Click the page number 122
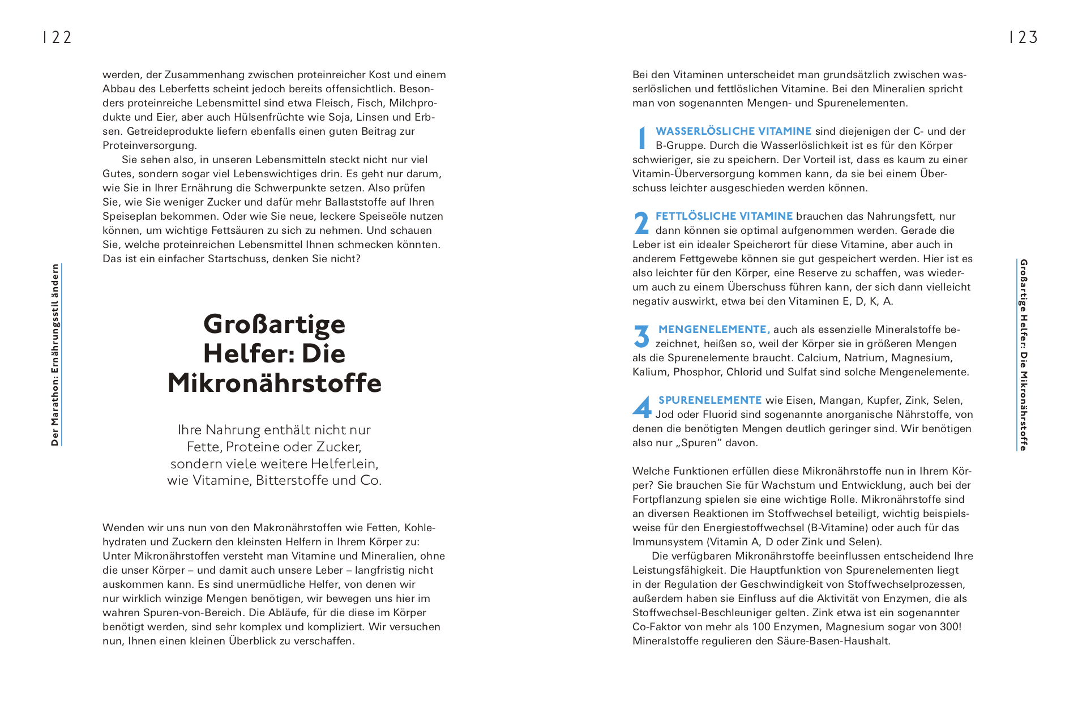(58, 37)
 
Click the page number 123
(1023, 37)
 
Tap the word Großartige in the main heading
(274, 324)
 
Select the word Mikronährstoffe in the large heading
(274, 383)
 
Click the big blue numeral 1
(641, 138)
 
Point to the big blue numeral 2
(641, 223)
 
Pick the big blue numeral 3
(641, 336)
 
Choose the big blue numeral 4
(642, 407)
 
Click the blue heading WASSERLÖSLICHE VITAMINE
(733, 131)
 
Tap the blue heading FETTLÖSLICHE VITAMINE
(724, 216)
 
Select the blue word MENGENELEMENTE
(713, 330)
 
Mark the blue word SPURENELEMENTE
(710, 400)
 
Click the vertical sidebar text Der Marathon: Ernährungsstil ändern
(55, 355)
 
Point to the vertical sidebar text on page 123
(1023, 355)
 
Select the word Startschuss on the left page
(238, 259)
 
